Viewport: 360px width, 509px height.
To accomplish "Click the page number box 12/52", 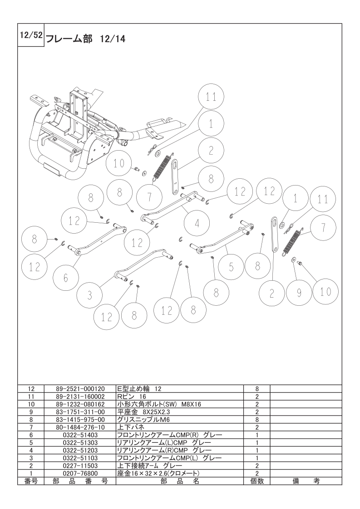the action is point(30,35).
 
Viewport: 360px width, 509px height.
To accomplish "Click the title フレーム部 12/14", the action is point(86,39).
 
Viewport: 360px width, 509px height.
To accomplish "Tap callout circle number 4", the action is point(197,223).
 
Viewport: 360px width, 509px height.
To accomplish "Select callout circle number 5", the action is point(231,267).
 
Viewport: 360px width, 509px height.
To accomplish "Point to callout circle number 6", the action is point(66,278).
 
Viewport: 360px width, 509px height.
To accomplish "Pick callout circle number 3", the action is point(90,295).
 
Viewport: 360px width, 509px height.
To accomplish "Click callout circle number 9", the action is point(299,293).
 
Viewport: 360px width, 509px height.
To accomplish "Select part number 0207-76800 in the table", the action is point(80,474).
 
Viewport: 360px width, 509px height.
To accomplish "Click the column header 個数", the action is point(257,481).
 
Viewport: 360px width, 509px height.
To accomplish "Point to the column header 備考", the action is point(306,481).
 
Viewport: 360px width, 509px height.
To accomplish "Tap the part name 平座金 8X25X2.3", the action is point(143,412).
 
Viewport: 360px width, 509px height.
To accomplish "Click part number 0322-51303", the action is point(80,443).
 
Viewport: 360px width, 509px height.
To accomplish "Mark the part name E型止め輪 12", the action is point(139,389).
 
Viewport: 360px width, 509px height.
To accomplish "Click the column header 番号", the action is point(31,481).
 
